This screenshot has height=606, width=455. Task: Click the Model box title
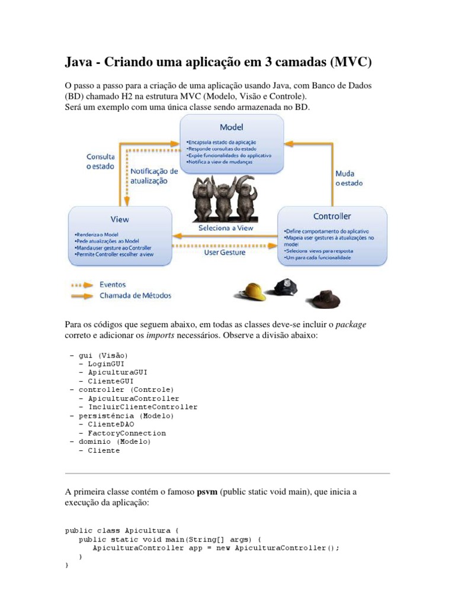[x=231, y=127]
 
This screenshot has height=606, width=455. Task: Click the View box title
[x=119, y=219]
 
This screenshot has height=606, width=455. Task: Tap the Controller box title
[x=332, y=216]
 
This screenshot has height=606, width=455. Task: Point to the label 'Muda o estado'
[x=349, y=179]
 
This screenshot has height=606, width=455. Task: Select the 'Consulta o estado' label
[x=101, y=162]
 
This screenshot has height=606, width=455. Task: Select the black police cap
[x=285, y=286]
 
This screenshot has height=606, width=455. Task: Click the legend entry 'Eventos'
[x=113, y=285]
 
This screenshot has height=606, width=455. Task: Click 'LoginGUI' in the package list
[x=106, y=363]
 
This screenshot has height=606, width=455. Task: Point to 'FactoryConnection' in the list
[x=127, y=433]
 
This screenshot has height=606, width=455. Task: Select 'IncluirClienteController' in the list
[x=143, y=407]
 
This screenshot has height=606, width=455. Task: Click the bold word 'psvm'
[x=208, y=492]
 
